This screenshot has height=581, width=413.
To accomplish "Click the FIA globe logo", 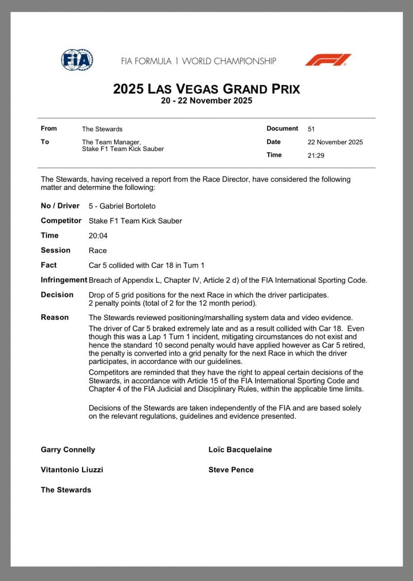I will coord(77,60).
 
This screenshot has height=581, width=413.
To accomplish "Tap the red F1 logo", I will coord(328,60).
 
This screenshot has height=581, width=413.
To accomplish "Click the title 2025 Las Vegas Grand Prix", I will coord(206,89).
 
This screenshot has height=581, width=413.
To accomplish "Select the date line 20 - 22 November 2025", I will coord(206,101).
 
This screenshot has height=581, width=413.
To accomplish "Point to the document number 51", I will coord(311,129).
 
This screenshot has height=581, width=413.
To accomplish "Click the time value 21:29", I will coord(316,155).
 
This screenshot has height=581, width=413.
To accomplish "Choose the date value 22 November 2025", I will coord(335,142).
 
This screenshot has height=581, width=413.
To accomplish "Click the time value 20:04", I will coord(98,236).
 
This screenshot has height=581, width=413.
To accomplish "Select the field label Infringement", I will coord(64,280).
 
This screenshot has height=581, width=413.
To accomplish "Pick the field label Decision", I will coord(57,294).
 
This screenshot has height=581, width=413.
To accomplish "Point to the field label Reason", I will coord(55,317).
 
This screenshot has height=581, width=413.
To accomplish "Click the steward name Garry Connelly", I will coord(68,450).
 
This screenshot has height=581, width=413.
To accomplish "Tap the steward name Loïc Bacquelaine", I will coord(240,450).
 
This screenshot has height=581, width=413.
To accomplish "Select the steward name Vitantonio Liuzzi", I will coord(72,470).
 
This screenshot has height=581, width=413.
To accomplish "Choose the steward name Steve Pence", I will coord(231,470).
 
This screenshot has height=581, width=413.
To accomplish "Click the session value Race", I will coord(98,251).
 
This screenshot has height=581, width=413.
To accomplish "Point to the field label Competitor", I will coord(61,221).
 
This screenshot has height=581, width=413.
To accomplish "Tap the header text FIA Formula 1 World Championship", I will coord(198,61).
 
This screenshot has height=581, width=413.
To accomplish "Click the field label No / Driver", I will coord(60,206).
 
